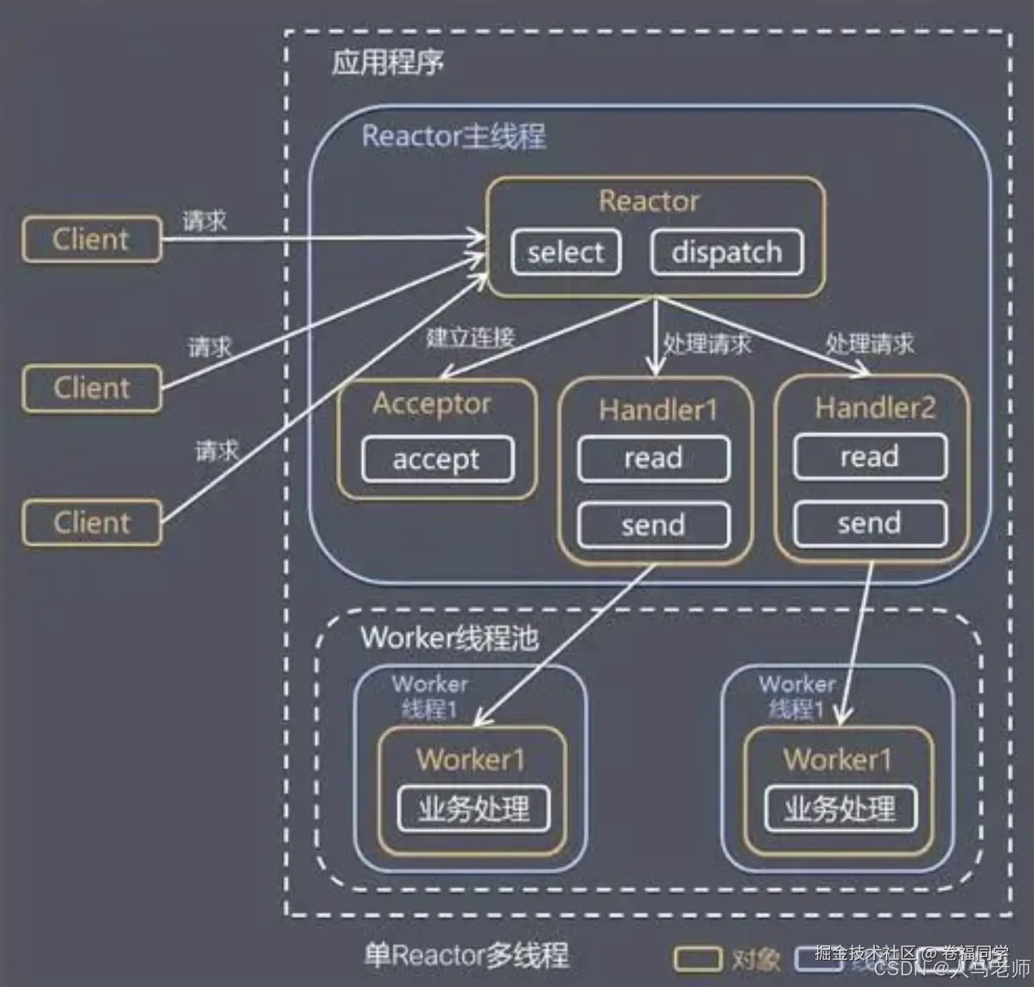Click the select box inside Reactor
point(565,253)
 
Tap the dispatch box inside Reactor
point(726,253)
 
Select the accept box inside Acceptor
point(437,459)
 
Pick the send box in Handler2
point(870,523)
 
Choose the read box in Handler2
point(870,457)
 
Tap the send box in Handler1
point(653,525)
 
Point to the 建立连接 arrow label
point(470,337)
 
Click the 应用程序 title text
point(387,63)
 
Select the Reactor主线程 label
point(454,136)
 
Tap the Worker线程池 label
point(449,638)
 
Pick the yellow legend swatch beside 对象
point(697,959)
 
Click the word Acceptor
point(431,404)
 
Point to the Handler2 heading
point(875,408)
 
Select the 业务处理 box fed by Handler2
point(840,809)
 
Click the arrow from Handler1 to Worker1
point(566,644)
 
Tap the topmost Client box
point(91,239)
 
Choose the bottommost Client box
point(91,523)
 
